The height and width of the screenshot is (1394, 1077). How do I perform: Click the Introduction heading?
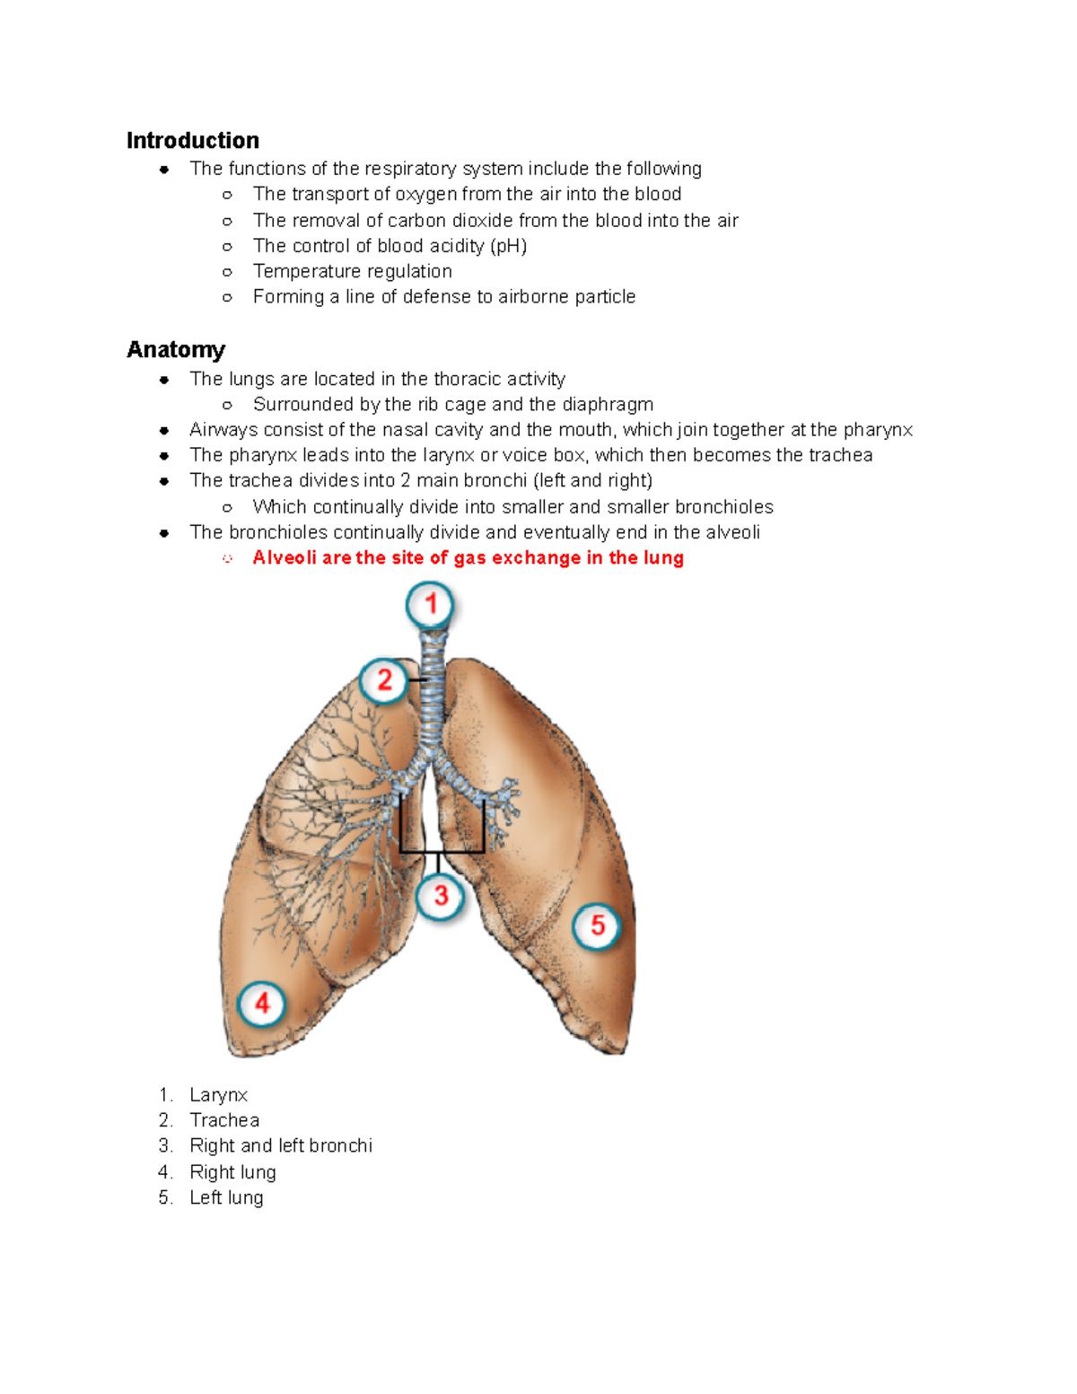[x=192, y=141]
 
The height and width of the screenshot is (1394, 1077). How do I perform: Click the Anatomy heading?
[x=176, y=350]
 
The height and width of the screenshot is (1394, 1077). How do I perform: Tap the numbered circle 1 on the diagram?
[x=431, y=604]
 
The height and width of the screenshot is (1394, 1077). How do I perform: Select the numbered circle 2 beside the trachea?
[x=384, y=680]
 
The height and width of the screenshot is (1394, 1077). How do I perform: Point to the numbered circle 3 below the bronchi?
[x=441, y=895]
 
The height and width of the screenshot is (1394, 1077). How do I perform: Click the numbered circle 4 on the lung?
[x=262, y=1003]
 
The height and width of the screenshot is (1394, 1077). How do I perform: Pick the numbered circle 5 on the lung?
[x=598, y=925]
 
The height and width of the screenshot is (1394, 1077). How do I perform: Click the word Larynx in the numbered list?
[x=218, y=1095]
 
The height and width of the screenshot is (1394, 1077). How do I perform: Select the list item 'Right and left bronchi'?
[x=281, y=1146]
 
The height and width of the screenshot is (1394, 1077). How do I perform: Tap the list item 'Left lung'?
[x=226, y=1198]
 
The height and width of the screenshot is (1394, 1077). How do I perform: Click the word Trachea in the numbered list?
[x=224, y=1120]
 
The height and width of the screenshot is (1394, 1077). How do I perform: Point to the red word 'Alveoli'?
[x=285, y=558]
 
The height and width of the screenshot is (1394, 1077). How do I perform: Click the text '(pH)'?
[x=508, y=247]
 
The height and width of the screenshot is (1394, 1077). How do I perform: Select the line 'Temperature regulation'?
[x=352, y=272]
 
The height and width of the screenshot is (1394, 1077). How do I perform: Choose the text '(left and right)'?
[x=592, y=481]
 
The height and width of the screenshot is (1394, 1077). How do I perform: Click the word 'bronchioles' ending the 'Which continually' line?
[x=723, y=507]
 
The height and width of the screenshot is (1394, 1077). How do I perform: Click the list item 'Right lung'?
[x=232, y=1172]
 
